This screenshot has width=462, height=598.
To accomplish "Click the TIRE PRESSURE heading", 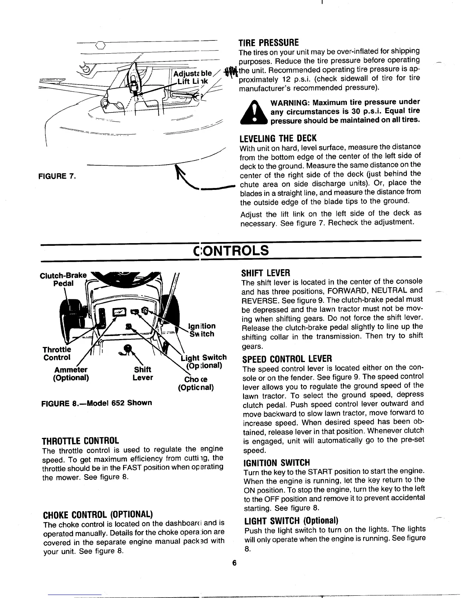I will coord(269,42).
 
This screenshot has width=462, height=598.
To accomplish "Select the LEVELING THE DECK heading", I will coord(279,138).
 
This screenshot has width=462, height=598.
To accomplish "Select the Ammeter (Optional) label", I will coord(71,373).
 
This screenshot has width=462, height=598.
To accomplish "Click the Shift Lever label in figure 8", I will coord(143,373).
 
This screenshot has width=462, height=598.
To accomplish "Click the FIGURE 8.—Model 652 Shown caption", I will coord(96,403).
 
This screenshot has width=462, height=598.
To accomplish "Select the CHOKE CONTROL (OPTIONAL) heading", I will coord(98,515).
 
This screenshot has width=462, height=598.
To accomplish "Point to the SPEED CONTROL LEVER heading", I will coord(287,358).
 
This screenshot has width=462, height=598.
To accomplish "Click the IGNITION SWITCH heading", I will coord(277,462).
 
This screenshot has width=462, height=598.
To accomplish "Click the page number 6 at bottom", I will coord(234,564).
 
